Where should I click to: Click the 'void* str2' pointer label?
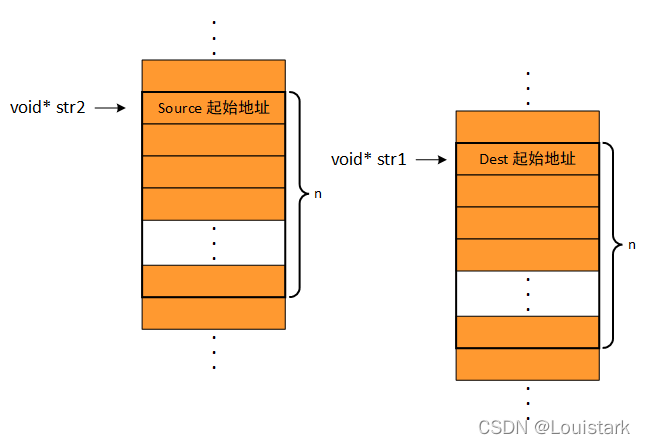pyautogui.click(x=47, y=107)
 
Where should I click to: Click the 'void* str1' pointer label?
pyautogui.click(x=368, y=159)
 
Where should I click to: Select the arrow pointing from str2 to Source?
pyautogui.click(x=109, y=107)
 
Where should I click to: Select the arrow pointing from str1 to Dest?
pyautogui.click(x=428, y=159)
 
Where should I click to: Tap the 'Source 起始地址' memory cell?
pyautogui.click(x=213, y=107)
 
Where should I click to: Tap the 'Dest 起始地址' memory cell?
pyautogui.click(x=527, y=158)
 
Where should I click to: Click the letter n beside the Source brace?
pyautogui.click(x=318, y=193)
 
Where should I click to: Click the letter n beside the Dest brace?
pyautogui.click(x=631, y=245)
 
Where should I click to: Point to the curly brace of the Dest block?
pyautogui.click(x=609, y=245)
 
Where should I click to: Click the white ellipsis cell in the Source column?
pyautogui.click(x=213, y=242)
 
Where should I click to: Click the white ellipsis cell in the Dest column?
pyautogui.click(x=527, y=293)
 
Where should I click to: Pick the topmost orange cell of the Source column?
pyautogui.click(x=213, y=75)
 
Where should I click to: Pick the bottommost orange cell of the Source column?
pyautogui.click(x=213, y=313)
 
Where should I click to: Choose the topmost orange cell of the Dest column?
pyautogui.click(x=527, y=127)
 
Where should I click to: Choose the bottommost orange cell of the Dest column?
pyautogui.click(x=527, y=364)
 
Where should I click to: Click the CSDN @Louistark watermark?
pyautogui.click(x=554, y=427)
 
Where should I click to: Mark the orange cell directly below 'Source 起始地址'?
pyautogui.click(x=213, y=139)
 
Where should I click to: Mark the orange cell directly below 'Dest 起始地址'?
pyautogui.click(x=527, y=190)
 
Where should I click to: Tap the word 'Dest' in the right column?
pyautogui.click(x=494, y=158)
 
